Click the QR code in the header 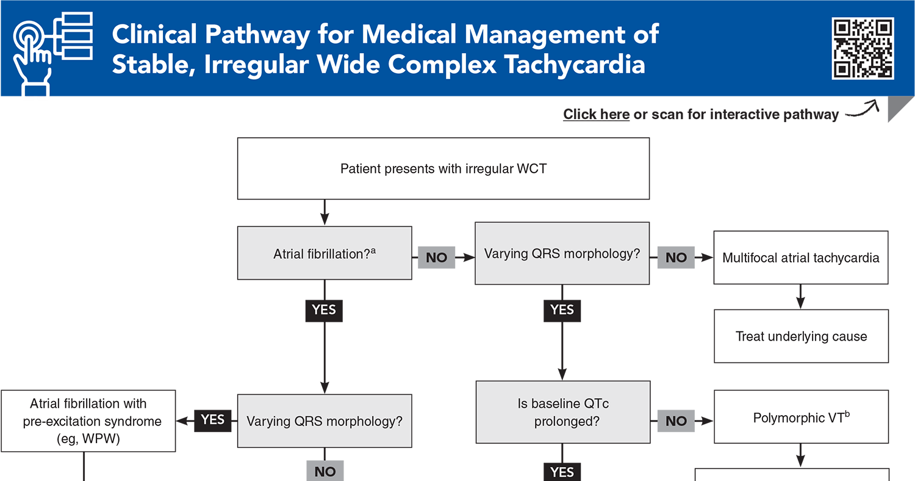pos(863,48)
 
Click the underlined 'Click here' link pos(596,114)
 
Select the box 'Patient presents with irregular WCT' pos(443,168)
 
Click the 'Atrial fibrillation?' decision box pos(324,253)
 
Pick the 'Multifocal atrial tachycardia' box pos(800,258)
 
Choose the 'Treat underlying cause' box pos(800,336)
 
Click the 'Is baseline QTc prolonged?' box pos(562,412)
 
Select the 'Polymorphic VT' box pos(800,418)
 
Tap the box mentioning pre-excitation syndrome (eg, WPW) pos(88,421)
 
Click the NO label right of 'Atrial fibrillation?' pos(436,258)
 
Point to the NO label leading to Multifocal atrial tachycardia pos(676,258)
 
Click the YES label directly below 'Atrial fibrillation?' pos(324,310)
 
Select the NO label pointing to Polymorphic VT pos(676,421)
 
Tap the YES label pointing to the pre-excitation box pos(213,420)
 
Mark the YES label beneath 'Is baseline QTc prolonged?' pos(562,472)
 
